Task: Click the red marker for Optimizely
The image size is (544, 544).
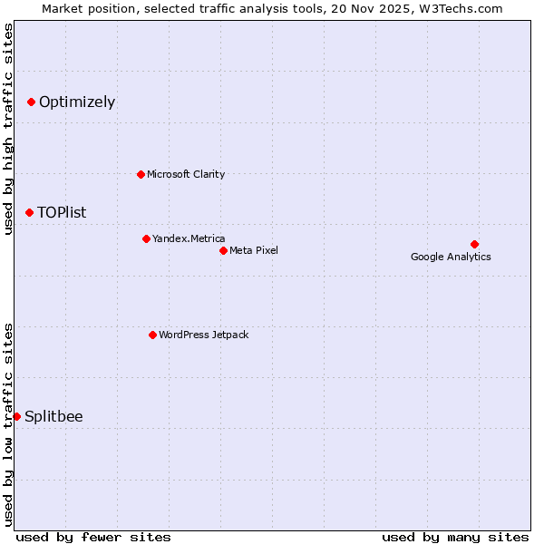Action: click(31, 102)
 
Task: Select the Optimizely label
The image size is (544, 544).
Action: click(77, 102)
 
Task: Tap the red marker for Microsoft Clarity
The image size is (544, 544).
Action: click(141, 174)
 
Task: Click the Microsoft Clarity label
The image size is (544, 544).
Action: click(186, 174)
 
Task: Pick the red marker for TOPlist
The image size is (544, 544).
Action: click(29, 212)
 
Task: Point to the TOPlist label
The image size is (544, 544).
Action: click(62, 213)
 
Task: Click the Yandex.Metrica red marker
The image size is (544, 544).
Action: click(146, 238)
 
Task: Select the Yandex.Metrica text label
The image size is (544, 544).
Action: click(189, 238)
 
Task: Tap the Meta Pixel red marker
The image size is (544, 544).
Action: click(223, 250)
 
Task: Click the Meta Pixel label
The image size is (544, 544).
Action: click(254, 250)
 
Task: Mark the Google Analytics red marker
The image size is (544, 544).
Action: click(474, 244)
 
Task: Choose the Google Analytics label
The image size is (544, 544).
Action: click(451, 257)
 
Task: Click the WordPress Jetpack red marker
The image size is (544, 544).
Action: click(152, 335)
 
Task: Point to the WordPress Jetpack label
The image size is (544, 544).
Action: click(203, 335)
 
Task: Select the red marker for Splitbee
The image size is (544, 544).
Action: click(16, 416)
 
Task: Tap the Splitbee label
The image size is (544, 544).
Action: click(53, 417)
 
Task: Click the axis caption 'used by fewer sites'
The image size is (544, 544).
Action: click(93, 537)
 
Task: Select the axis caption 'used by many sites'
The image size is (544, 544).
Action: click(455, 537)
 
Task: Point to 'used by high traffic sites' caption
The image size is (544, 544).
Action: click(8, 129)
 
